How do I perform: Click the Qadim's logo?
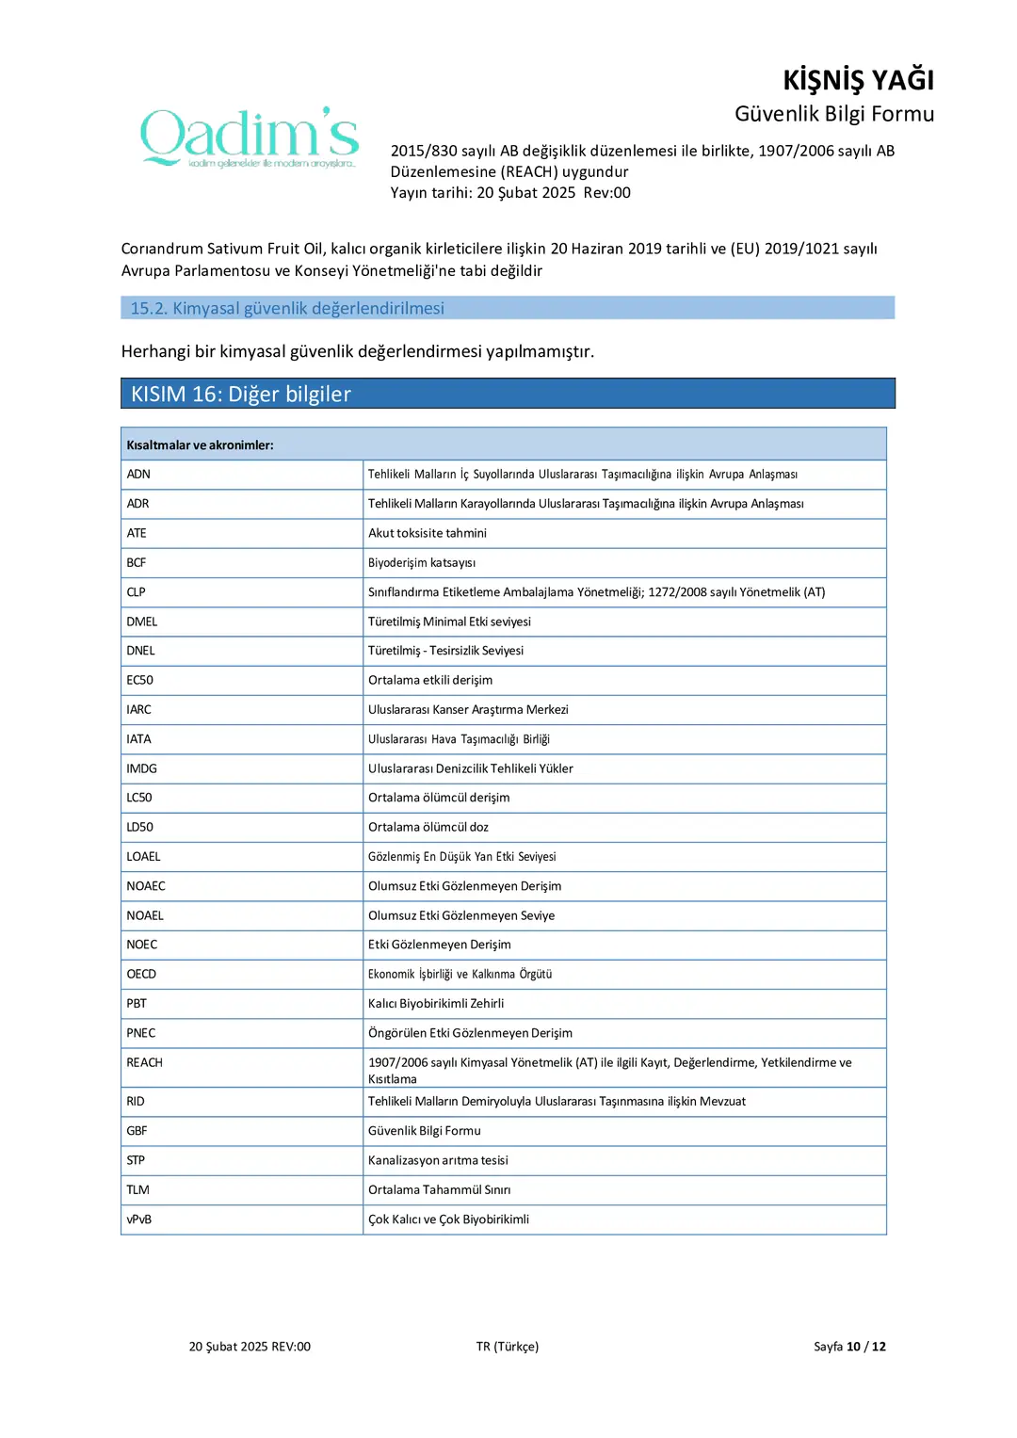click(x=250, y=137)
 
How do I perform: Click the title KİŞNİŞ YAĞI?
click(x=858, y=80)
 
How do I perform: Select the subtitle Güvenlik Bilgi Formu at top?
click(x=833, y=114)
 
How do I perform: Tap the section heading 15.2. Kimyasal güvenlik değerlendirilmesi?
click(x=287, y=308)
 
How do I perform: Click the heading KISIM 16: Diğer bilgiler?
click(x=241, y=394)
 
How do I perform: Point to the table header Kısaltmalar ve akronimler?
click(x=201, y=444)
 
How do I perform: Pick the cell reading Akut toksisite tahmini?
click(x=428, y=533)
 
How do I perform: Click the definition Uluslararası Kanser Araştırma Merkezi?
click(x=468, y=709)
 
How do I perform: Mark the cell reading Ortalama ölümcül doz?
click(x=428, y=827)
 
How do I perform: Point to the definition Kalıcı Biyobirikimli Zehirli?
click(x=436, y=1003)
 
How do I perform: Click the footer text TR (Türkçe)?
click(x=508, y=1347)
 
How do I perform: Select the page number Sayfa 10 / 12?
click(x=849, y=1347)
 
